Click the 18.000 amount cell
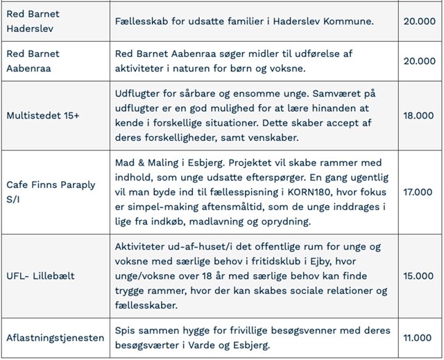418,115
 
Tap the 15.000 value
418,275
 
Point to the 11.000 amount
418,338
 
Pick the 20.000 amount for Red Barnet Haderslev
418,21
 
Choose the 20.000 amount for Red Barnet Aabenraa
418,60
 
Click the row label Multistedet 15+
42,115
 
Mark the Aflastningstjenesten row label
54,338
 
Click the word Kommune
348,21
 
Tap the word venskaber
271,137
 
